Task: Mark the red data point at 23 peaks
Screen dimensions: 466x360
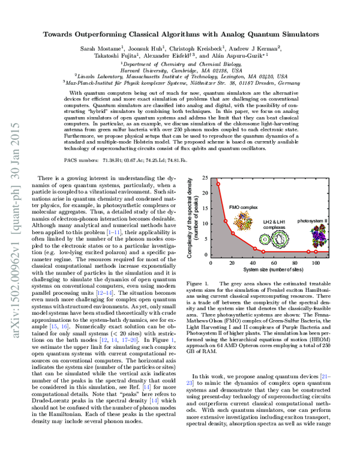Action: coord(218,184)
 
